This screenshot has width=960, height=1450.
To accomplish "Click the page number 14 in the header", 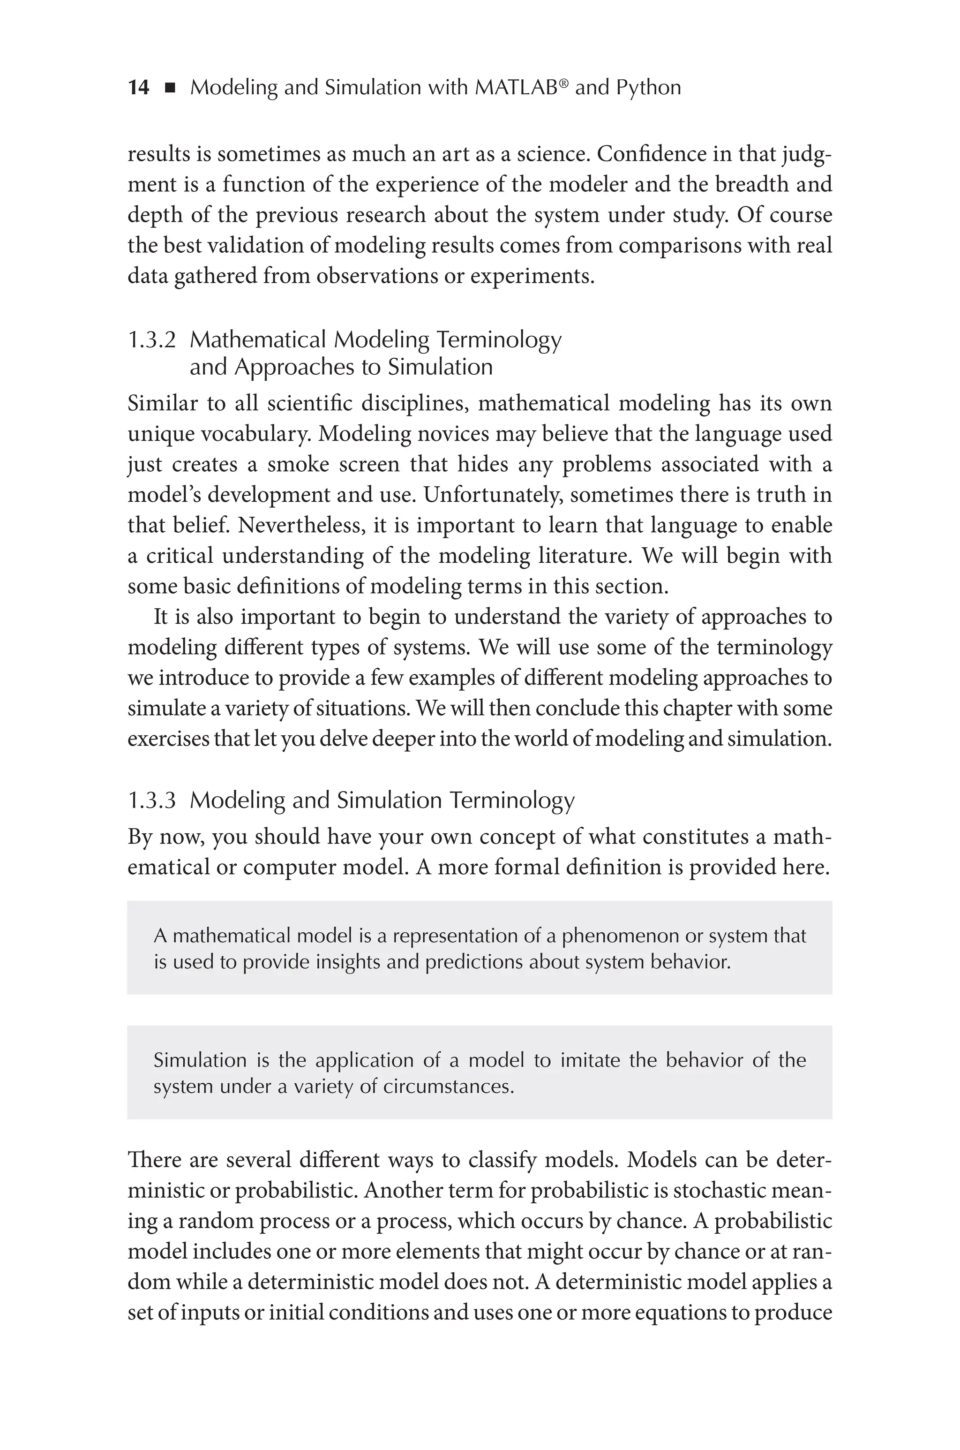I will click(x=138, y=88).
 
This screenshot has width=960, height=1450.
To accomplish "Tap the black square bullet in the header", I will click(x=170, y=89).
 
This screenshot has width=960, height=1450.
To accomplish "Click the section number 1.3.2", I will click(x=151, y=340).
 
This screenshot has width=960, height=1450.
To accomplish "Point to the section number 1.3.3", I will click(x=151, y=801).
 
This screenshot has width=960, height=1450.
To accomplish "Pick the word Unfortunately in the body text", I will click(x=492, y=495).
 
